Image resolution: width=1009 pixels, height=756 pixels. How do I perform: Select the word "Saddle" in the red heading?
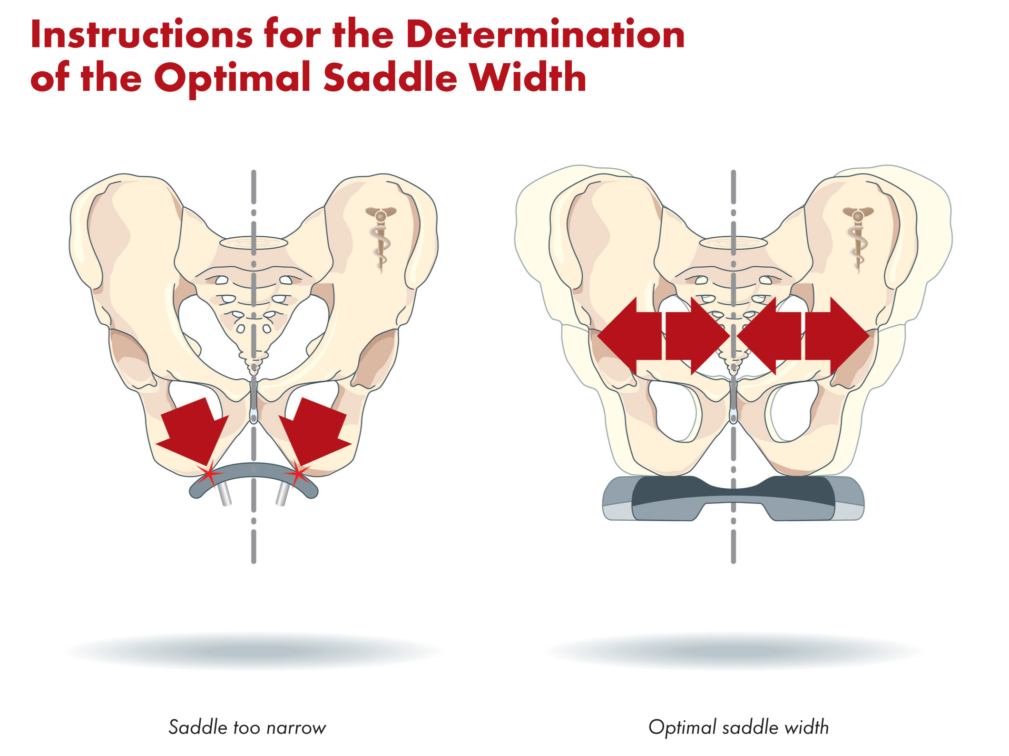tap(390, 77)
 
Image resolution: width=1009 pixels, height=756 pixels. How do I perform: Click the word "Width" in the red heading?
tap(527, 77)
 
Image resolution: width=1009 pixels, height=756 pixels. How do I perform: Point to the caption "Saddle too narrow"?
tap(247, 727)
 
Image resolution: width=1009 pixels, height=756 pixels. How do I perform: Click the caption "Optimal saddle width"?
tap(738, 727)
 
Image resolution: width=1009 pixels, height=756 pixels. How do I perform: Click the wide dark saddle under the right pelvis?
tap(733, 497)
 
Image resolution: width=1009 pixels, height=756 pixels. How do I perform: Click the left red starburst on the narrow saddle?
tap(208, 474)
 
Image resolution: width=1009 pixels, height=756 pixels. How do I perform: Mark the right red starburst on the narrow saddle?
tap(298, 474)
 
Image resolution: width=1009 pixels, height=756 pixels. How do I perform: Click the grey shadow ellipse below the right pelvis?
tap(733, 650)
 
